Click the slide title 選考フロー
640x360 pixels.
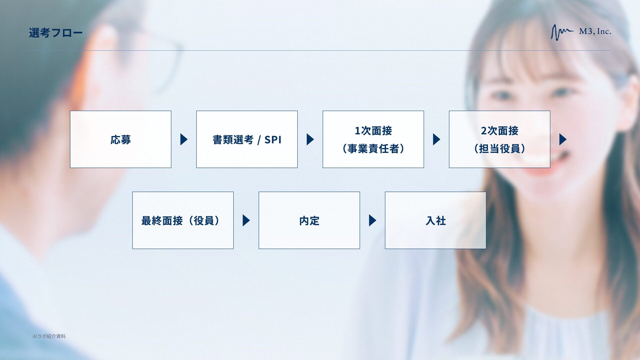55,33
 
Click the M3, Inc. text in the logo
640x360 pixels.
595,32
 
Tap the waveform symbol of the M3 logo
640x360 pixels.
561,32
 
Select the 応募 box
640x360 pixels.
120,139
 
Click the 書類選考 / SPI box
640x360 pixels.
247,139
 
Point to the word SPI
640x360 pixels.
273,140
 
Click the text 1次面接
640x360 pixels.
373,131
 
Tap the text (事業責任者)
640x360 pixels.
373,148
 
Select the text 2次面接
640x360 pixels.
499,131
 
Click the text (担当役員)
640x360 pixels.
499,148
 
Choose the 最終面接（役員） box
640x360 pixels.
183,220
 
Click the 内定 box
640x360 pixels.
309,220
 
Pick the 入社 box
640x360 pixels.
435,220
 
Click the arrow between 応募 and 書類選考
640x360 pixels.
184,139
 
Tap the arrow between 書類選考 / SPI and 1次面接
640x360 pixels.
310,139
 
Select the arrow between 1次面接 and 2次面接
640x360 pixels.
436,139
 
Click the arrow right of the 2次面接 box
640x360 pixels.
563,139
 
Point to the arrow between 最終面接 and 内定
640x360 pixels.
246,220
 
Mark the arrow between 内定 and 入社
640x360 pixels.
372,220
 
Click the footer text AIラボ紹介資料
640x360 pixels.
49,336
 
